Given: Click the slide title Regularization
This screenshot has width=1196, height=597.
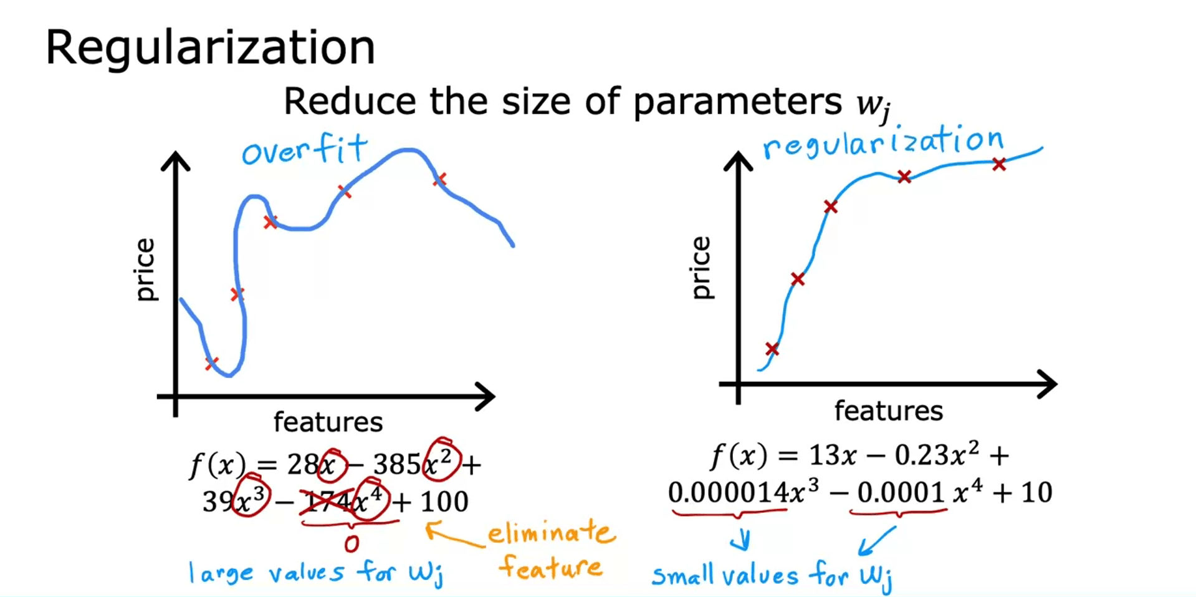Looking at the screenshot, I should (210, 48).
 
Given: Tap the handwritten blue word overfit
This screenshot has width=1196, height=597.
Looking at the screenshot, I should (304, 150).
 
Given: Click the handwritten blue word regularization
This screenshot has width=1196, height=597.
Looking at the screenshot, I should (883, 142).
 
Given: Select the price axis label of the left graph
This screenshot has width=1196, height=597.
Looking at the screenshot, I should (145, 269).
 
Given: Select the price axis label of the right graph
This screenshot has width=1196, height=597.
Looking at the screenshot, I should (701, 268).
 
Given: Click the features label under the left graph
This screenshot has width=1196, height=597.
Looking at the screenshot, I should (328, 422).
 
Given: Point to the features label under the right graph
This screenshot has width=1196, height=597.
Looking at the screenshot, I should (888, 411).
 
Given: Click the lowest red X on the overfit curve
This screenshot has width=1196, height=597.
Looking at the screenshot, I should (212, 362).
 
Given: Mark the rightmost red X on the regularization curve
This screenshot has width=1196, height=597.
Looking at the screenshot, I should (999, 165).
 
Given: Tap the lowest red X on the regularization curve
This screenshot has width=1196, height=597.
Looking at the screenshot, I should (772, 349).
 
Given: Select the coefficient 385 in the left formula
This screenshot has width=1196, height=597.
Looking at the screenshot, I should (397, 465).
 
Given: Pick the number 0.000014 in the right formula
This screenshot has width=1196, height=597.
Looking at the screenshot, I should (728, 493).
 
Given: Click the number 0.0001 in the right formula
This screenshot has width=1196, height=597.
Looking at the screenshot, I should (901, 493).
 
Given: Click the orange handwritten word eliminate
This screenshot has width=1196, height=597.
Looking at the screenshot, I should (551, 533).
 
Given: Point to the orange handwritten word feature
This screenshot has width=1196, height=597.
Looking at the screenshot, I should (551, 566).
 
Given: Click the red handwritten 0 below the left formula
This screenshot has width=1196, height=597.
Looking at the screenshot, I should (352, 544).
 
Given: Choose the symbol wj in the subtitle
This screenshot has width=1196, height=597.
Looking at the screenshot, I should (873, 104).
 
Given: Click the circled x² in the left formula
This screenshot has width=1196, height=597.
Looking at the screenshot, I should (441, 461).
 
